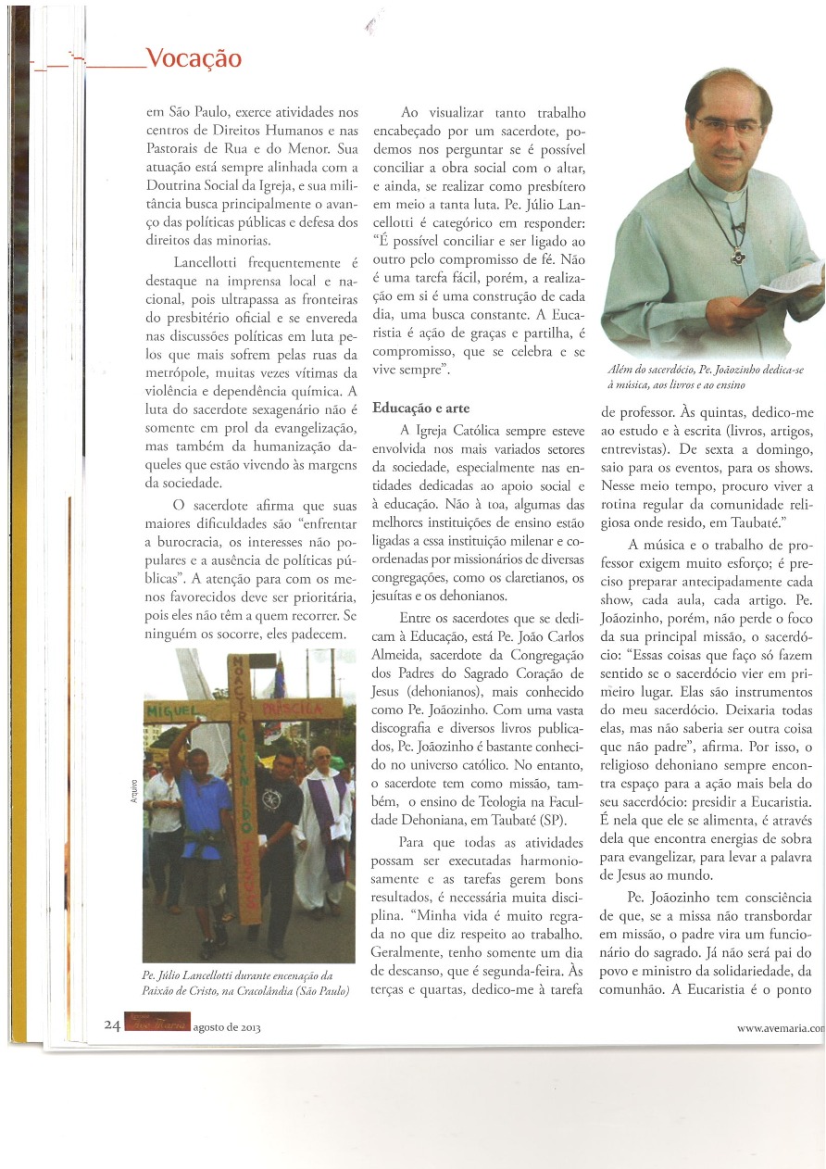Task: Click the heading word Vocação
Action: [x=194, y=59]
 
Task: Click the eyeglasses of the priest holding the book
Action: [x=730, y=126]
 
